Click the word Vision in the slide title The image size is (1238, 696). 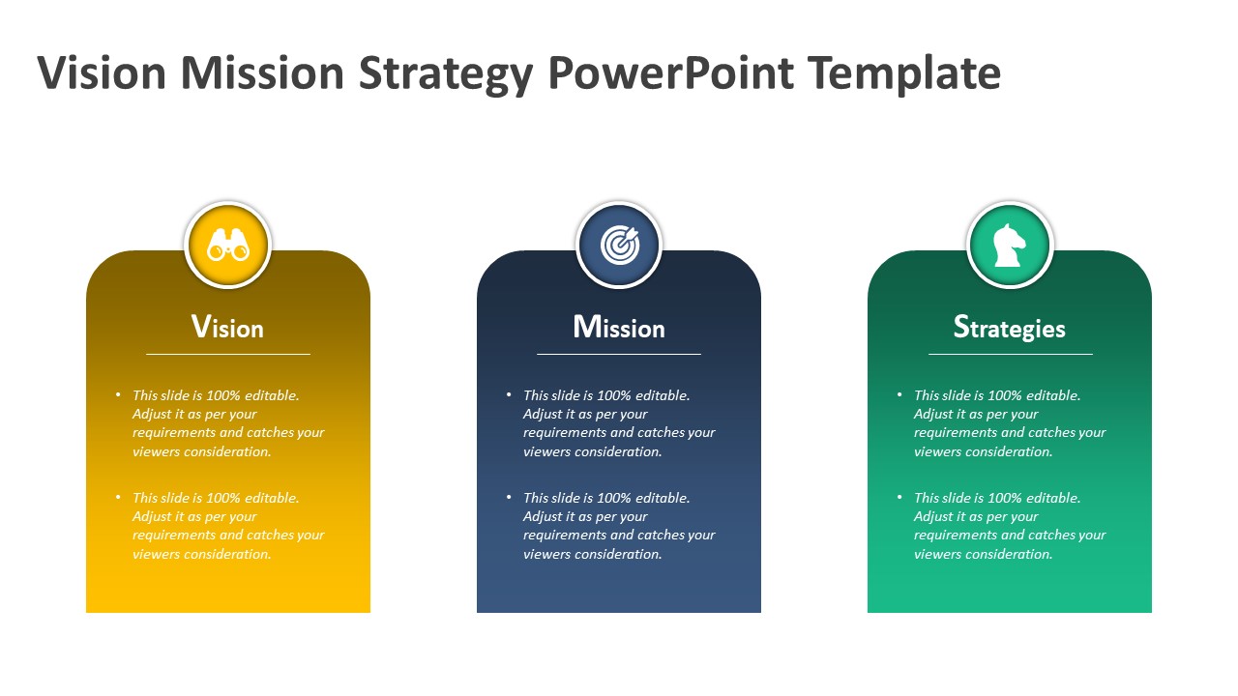102,72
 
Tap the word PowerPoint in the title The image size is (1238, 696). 671,72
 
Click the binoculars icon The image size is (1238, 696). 228,245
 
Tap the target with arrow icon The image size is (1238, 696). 620,245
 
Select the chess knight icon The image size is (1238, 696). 1009,246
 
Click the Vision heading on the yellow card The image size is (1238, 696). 227,327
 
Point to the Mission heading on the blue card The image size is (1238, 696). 619,327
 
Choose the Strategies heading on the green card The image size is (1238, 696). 1009,328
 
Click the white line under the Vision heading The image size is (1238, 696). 228,354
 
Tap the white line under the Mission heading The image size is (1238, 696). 619,354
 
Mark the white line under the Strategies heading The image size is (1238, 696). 1011,354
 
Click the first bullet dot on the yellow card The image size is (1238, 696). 118,394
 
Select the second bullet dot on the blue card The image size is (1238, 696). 509,497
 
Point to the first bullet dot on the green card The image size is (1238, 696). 899,394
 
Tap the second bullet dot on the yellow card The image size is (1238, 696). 118,497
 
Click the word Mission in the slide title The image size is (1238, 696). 262,72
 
